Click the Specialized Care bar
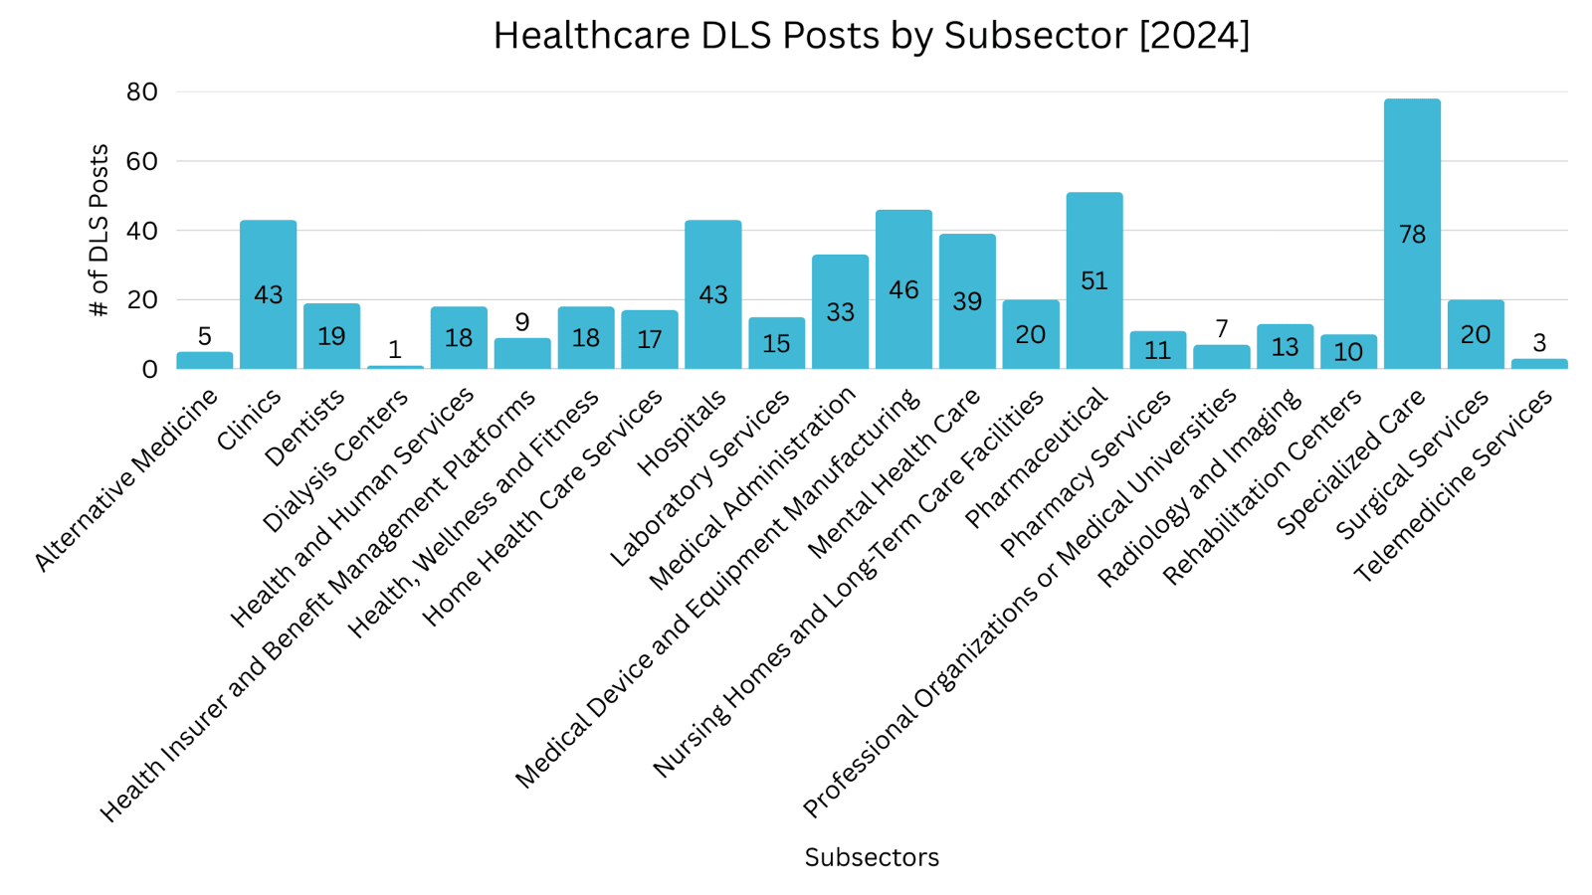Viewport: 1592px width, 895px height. [x=1412, y=298]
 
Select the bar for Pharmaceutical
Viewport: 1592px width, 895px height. [x=1094, y=328]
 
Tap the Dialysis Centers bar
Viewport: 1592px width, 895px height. [x=395, y=367]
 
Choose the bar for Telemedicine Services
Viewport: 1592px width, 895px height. [x=1539, y=364]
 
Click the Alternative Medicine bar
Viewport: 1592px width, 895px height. [x=205, y=361]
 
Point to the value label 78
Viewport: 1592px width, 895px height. [x=1412, y=235]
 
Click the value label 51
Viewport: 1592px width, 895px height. [x=1094, y=281]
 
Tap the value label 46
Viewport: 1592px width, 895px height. [x=903, y=290]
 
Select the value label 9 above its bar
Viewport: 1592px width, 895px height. [x=522, y=322]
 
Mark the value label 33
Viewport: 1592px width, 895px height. [x=840, y=312]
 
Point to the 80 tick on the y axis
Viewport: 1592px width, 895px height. [x=142, y=91]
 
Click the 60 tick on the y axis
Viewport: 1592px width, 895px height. [x=142, y=161]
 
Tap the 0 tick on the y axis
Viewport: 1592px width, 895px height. [x=149, y=369]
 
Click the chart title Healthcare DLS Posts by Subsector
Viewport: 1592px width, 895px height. [x=871, y=36]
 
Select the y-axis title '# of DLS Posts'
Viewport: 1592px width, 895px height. [x=99, y=230]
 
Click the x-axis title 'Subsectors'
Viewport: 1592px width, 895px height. [x=872, y=857]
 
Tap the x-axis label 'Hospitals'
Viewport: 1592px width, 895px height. [x=683, y=433]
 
